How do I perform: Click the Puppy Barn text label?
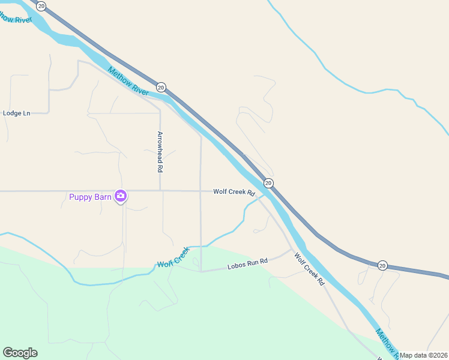pyautogui.click(x=90, y=196)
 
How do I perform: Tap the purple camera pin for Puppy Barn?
pyautogui.click(x=121, y=196)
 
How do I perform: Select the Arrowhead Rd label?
pyautogui.click(x=160, y=152)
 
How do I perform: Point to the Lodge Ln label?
pyautogui.click(x=16, y=113)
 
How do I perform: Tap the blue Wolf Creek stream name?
pyautogui.click(x=173, y=257)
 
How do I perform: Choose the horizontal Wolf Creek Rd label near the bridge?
pyautogui.click(x=234, y=192)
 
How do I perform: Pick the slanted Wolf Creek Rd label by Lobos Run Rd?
pyautogui.click(x=309, y=268)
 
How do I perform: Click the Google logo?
pyautogui.click(x=20, y=353)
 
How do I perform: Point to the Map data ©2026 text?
pyautogui.click(x=423, y=355)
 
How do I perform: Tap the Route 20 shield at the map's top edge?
pyautogui.click(x=41, y=5)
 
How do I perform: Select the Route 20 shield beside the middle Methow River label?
pyautogui.click(x=161, y=87)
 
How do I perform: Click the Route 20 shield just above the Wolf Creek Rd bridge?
pyautogui.click(x=268, y=182)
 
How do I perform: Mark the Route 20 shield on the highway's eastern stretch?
pyautogui.click(x=382, y=265)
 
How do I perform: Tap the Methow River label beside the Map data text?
pyautogui.click(x=387, y=342)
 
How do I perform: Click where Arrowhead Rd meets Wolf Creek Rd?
pyautogui.click(x=160, y=191)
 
